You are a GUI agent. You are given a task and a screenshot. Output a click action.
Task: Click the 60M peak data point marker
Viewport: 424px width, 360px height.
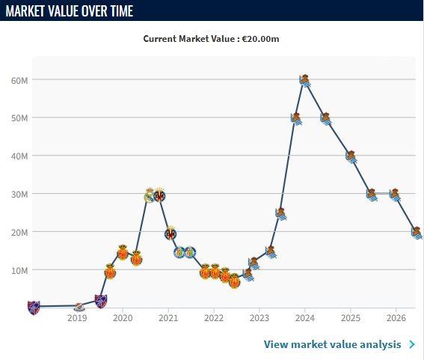coord(305,81)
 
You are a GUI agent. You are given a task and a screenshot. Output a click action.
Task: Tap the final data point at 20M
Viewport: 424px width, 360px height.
coord(417,233)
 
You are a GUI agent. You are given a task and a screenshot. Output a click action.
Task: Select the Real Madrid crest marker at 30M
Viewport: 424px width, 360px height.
coord(150,195)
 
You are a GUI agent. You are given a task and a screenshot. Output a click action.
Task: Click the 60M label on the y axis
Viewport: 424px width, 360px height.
coord(19,80)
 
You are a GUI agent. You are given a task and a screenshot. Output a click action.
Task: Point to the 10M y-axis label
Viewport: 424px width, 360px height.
coord(19,270)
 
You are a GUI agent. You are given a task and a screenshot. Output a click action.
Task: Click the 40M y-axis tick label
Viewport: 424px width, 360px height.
coord(19,156)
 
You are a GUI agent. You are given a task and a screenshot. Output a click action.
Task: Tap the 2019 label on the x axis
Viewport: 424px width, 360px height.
coord(77,318)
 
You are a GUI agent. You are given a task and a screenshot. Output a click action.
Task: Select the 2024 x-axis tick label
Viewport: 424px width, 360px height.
coord(305,318)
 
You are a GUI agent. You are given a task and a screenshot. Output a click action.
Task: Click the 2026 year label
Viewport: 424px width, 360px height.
coord(396,318)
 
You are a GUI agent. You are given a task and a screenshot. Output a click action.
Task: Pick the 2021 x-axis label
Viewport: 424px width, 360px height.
coord(168,318)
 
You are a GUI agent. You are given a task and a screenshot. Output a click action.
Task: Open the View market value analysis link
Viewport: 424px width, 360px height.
coord(332,344)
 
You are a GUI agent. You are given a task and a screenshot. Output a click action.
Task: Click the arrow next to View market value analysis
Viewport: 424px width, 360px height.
coord(412,344)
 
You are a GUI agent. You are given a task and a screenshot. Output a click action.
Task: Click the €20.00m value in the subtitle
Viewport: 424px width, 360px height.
coord(261,39)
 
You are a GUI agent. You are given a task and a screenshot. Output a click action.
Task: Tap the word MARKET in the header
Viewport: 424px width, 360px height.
coord(25,10)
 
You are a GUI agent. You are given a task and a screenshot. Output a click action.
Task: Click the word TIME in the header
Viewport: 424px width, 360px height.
coord(122,10)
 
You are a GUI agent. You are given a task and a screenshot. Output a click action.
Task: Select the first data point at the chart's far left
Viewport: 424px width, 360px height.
coord(34,308)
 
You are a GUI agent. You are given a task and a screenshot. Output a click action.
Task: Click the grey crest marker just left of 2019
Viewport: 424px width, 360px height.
coord(79,307)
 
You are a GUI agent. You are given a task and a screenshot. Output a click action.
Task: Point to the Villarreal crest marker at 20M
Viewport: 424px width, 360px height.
coord(170,234)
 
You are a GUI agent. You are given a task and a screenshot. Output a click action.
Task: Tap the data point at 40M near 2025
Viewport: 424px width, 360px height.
coord(351,156)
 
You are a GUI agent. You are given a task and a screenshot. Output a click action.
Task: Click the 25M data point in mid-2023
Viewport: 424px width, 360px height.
coord(281,214)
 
